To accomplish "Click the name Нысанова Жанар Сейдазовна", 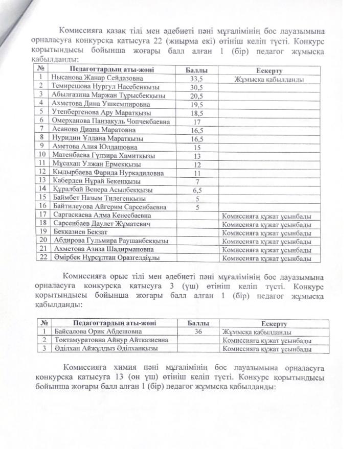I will coord(97,79).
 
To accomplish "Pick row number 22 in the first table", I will coord(43,257).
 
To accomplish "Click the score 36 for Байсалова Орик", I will coord(197,332).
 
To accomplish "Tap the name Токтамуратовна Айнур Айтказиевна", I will coord(110,340).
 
